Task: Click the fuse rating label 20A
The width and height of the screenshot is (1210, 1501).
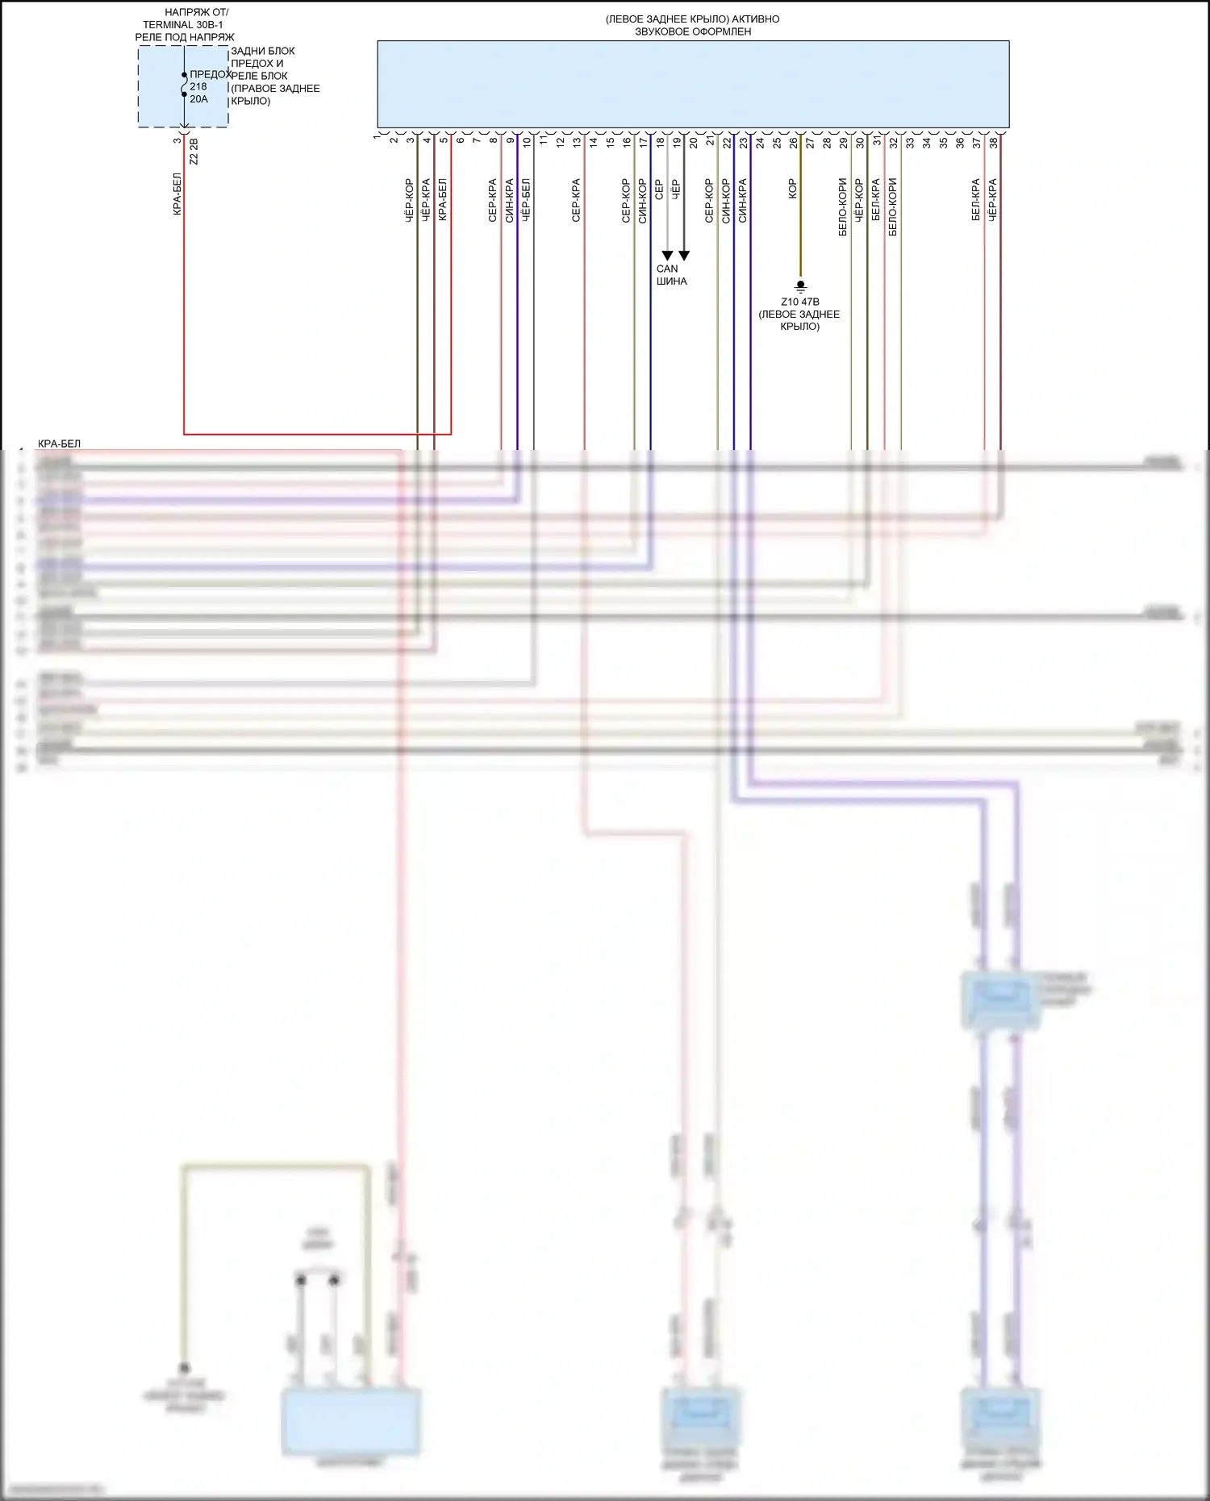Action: point(198,99)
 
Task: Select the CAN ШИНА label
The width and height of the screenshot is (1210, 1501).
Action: point(671,275)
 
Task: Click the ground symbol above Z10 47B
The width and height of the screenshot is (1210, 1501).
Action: point(800,286)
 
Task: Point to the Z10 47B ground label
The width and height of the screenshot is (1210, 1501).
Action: point(799,302)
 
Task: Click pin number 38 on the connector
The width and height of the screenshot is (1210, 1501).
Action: point(993,142)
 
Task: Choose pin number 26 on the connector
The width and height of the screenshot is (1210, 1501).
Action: point(794,142)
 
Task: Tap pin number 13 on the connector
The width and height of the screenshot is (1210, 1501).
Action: point(577,142)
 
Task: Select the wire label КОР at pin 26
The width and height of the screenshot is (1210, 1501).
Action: point(792,189)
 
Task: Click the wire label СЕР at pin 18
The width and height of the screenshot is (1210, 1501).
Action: point(659,190)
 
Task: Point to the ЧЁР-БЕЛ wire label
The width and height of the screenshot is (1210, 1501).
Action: point(525,200)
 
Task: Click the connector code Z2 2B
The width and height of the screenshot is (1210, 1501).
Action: point(194,151)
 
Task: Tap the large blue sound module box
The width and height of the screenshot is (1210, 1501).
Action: point(693,84)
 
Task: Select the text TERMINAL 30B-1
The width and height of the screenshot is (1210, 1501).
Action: point(183,25)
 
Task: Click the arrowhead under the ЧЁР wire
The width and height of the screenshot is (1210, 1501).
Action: point(684,256)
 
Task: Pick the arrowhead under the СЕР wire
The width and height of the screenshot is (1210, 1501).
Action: point(667,256)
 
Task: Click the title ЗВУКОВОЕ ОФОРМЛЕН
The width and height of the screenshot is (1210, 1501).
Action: point(693,31)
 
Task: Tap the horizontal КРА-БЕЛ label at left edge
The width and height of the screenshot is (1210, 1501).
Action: point(59,444)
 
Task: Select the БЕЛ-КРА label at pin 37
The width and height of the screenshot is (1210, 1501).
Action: point(975,200)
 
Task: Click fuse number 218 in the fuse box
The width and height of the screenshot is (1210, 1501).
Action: point(198,86)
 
